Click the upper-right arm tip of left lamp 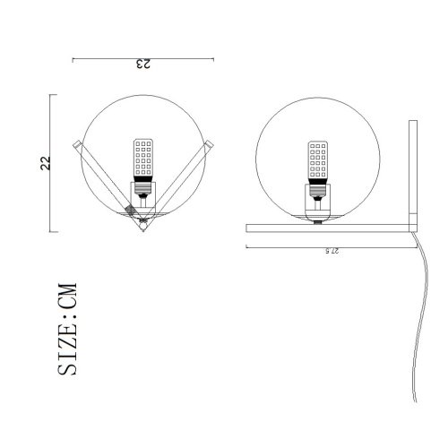(209, 144)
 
